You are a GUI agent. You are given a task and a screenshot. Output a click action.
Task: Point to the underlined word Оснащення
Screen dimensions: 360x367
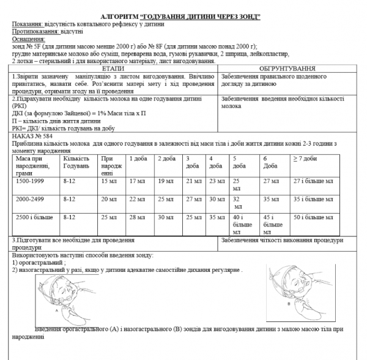point(28,38)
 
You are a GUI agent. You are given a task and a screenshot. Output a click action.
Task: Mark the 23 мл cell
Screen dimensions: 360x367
point(216,181)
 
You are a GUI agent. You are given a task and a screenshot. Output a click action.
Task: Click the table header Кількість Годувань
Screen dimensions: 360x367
point(76,162)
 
